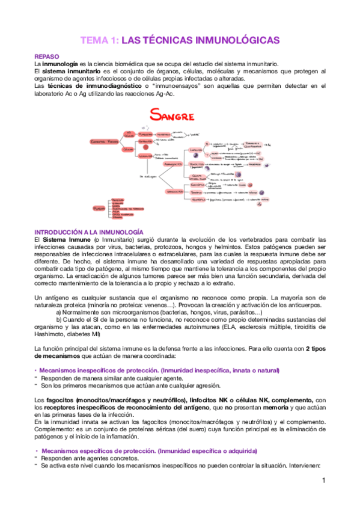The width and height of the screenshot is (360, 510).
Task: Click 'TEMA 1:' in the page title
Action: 99,40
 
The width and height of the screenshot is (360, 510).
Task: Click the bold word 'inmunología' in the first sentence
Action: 59,64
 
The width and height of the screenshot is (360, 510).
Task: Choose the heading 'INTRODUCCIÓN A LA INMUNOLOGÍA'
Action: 88,232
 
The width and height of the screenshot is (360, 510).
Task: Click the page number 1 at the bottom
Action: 323,481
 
